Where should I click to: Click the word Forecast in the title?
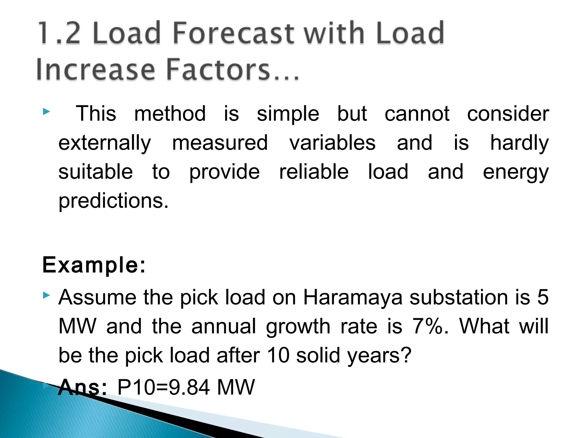coord(233,33)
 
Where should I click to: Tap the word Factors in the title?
coord(218,70)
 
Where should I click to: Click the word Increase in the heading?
coord(95,70)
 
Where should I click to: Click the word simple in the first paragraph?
coord(288,114)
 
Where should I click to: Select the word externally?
coord(105,143)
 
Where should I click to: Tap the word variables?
coord(332,143)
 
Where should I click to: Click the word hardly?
coord(519,143)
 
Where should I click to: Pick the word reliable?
coord(314,172)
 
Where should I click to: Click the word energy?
coord(516,172)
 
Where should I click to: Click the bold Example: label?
coord(94,265)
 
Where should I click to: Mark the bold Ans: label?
coord(83,387)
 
